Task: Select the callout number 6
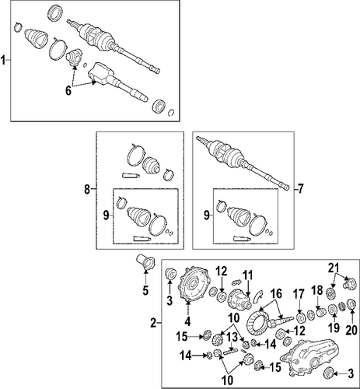point(68,91)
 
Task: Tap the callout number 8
point(87,189)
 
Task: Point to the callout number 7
point(300,189)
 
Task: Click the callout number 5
point(145,290)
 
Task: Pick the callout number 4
point(188,321)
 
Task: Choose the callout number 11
point(248,275)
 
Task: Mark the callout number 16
point(276,294)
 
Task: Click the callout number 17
point(299,295)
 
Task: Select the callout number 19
point(334,328)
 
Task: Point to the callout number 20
point(351,330)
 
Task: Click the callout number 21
point(334,268)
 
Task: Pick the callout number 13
point(232,337)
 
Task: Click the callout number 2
point(153,323)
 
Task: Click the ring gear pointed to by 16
point(257,321)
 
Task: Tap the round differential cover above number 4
point(194,285)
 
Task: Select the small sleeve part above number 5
point(145,263)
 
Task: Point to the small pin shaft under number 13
point(231,352)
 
